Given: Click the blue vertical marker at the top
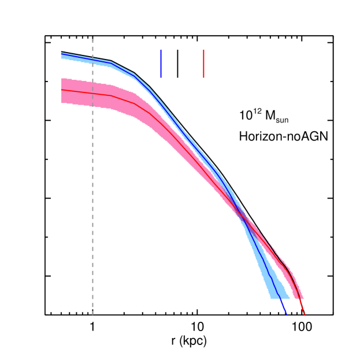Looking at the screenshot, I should point(161,64).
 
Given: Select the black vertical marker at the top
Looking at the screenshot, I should point(177,64).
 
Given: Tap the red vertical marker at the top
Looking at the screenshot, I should point(203,64).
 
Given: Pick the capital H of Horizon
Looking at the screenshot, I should point(243,137).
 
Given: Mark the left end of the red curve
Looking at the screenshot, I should point(61,90).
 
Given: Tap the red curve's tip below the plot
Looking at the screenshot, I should point(304,315).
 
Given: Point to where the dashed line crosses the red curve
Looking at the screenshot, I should point(92,93).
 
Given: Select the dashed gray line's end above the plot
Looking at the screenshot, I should point(92,39).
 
